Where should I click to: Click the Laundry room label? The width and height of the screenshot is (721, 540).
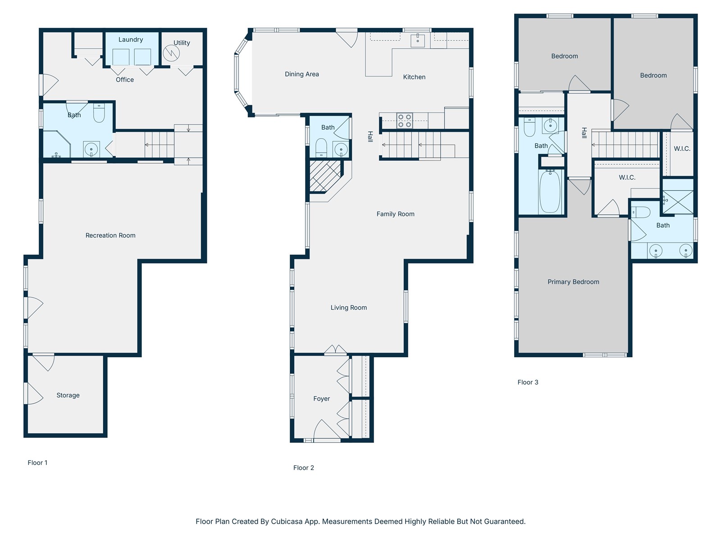tap(130, 40)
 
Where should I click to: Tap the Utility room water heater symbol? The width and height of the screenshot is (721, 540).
tap(171, 53)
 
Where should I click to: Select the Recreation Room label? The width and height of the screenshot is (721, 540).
tap(110, 235)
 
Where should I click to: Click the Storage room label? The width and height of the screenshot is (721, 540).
tap(68, 396)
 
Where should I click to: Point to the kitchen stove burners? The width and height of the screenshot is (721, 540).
tap(404, 121)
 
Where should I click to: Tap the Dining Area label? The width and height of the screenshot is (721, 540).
tap(302, 74)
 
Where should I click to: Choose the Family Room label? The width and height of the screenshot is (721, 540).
tap(396, 214)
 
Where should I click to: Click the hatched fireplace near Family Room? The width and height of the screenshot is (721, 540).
tap(325, 176)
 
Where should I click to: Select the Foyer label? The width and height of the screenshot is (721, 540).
tap(322, 399)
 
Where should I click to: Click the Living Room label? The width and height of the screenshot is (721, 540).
tap(348, 307)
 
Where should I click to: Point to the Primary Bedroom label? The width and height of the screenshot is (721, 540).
tap(573, 282)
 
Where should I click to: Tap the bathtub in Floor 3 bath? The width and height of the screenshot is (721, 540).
tap(550, 192)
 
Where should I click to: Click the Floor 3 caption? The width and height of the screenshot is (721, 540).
tap(528, 382)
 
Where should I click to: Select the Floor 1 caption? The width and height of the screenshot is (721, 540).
tap(37, 463)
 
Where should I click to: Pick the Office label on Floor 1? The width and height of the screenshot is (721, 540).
tap(125, 80)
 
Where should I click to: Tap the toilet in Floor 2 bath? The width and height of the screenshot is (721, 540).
tap(321, 148)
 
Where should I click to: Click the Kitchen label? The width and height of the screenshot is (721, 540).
tap(414, 77)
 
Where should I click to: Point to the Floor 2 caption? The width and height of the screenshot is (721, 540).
tap(304, 468)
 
